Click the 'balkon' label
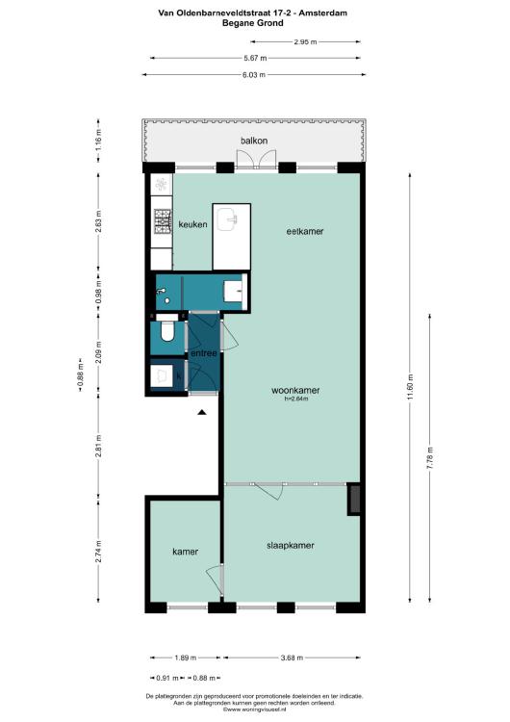click(x=254, y=141)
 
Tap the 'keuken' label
click(x=192, y=224)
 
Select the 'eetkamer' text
click(x=305, y=231)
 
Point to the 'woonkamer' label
click(x=295, y=390)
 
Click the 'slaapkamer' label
click(x=291, y=545)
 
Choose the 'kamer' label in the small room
click(x=185, y=552)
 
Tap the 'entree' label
click(x=203, y=353)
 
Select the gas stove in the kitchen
click(x=163, y=221)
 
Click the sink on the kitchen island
click(x=228, y=219)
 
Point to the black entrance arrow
click(x=202, y=412)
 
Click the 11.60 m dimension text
click(x=410, y=387)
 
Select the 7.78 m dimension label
click(x=430, y=458)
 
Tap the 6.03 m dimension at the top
click(x=254, y=74)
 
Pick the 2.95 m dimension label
click(x=305, y=42)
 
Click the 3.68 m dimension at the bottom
click(x=292, y=658)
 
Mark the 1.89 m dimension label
click(x=185, y=658)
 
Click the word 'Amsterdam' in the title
click(x=322, y=13)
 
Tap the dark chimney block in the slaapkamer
click(x=354, y=499)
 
